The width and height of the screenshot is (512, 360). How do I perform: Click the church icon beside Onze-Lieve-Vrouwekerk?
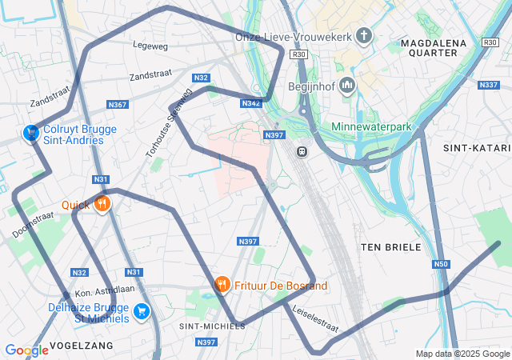click(x=364, y=36)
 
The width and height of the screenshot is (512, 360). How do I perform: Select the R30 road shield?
click(x=299, y=54)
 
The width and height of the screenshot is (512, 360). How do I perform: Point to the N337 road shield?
click(x=488, y=85)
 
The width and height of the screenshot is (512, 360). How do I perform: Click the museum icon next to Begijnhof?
click(x=347, y=86)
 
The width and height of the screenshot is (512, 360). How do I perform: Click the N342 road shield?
click(x=250, y=103)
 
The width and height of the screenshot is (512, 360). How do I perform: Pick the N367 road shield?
click(x=118, y=105)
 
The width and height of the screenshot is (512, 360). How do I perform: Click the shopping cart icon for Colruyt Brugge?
click(x=31, y=133)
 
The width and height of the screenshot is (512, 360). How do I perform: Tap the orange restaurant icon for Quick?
click(x=102, y=205)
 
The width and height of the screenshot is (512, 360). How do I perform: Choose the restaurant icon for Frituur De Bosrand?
click(x=222, y=285)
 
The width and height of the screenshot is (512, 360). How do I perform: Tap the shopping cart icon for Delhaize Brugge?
click(x=142, y=311)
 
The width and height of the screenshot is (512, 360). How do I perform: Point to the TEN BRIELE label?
click(x=390, y=247)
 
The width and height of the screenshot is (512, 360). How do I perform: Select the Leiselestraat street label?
click(x=314, y=318)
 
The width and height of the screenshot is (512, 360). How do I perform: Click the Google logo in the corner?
click(x=26, y=350)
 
